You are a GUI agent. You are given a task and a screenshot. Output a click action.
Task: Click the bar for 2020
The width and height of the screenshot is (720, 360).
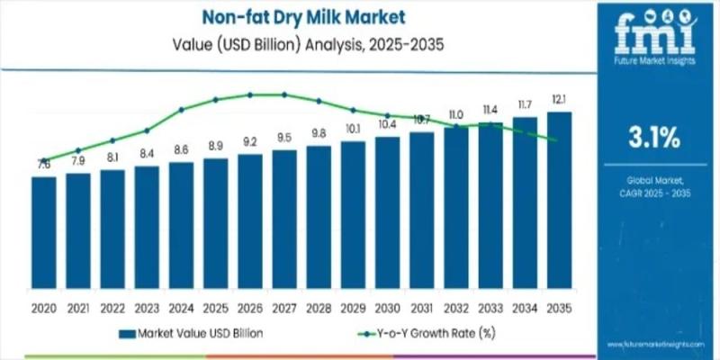tap(43, 237)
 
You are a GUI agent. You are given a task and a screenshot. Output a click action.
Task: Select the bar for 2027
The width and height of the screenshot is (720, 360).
tap(284, 223)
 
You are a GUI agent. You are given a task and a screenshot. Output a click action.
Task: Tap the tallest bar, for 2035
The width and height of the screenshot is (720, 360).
tap(559, 204)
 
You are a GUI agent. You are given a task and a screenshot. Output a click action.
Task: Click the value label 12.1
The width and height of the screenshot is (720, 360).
tap(559, 98)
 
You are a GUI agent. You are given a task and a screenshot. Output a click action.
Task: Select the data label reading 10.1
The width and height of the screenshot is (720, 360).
tap(353, 128)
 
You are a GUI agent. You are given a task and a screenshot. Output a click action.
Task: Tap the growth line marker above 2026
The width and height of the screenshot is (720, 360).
tap(249, 94)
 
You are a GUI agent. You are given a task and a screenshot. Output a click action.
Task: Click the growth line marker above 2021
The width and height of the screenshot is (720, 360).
tap(78, 150)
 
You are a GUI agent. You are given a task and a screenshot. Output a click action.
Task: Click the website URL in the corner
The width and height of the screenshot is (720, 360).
tap(659, 346)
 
